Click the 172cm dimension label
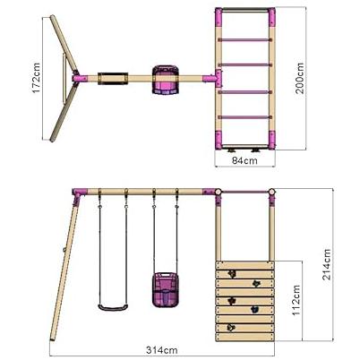[x=37, y=78]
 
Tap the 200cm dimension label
[x=299, y=78]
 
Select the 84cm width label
[x=244, y=160]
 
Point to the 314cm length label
[x=161, y=350]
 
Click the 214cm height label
[x=326, y=264]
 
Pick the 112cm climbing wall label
[x=296, y=300]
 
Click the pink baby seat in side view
[x=164, y=289]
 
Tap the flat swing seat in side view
[x=113, y=307]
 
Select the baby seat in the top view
[x=166, y=80]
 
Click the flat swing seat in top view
[x=113, y=78]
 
